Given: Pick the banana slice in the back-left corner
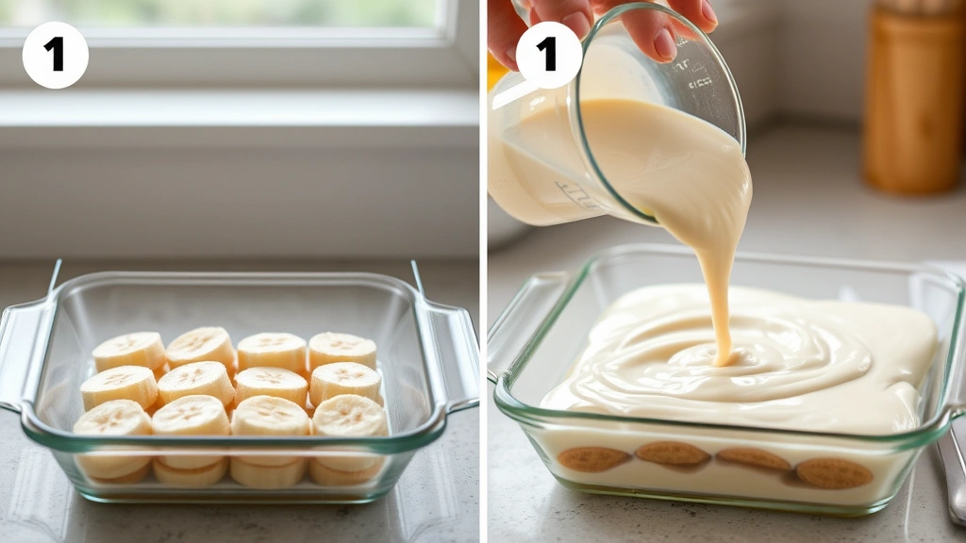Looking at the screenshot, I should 129,352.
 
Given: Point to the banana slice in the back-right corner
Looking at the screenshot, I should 342,350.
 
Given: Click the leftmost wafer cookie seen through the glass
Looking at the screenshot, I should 592,459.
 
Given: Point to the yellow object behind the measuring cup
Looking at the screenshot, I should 495,72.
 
